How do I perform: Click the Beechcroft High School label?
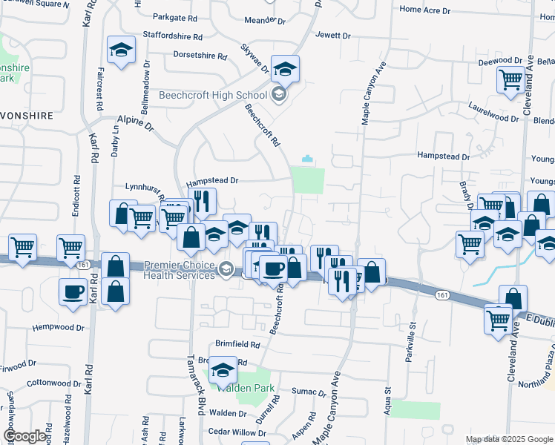tap(214, 95)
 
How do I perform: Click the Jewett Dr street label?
tap(332, 35)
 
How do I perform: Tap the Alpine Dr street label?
tap(134, 122)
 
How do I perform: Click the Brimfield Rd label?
tap(237, 344)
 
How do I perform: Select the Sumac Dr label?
tap(309, 391)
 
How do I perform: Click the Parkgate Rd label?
tap(176, 16)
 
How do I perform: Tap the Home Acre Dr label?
tap(424, 10)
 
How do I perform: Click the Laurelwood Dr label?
tap(493, 118)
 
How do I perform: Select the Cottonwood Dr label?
tap(53, 383)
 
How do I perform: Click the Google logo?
tap(25, 436)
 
